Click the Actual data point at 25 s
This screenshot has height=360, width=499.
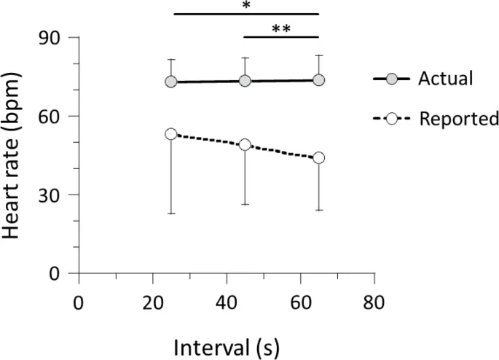point(171,82)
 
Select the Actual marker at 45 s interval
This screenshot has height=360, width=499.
point(245,81)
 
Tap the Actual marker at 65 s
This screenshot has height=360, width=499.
point(318,80)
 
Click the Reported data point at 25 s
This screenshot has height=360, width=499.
point(171,134)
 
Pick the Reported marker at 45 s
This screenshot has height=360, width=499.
point(245,145)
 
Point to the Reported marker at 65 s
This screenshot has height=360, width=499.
point(318,157)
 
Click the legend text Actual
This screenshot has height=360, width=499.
point(445,78)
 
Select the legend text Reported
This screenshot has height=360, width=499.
point(458,119)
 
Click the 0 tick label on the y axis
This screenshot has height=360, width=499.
point(59,274)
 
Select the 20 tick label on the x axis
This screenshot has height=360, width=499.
point(152,302)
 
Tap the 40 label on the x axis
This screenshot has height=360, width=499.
point(227,302)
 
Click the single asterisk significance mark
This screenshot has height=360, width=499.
point(247,6)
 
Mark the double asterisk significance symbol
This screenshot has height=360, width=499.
point(280,28)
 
